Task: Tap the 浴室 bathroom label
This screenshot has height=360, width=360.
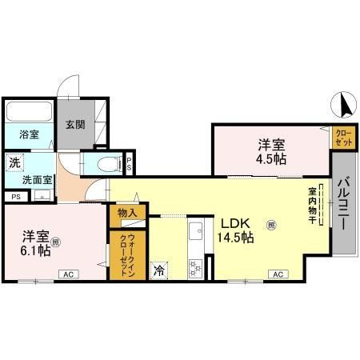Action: click(29, 134)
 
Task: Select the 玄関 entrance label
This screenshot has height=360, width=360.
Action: click(75, 124)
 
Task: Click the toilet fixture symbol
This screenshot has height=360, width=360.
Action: click(103, 165)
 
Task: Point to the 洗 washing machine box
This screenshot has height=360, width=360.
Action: click(14, 163)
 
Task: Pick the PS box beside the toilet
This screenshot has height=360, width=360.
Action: click(130, 164)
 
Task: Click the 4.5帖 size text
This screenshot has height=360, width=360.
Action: click(269, 159)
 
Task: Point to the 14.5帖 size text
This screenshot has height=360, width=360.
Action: click(237, 238)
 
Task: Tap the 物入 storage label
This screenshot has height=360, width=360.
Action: click(128, 213)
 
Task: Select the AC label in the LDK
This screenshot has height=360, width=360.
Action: click(278, 275)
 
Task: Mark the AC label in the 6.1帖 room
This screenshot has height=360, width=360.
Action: click(68, 275)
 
